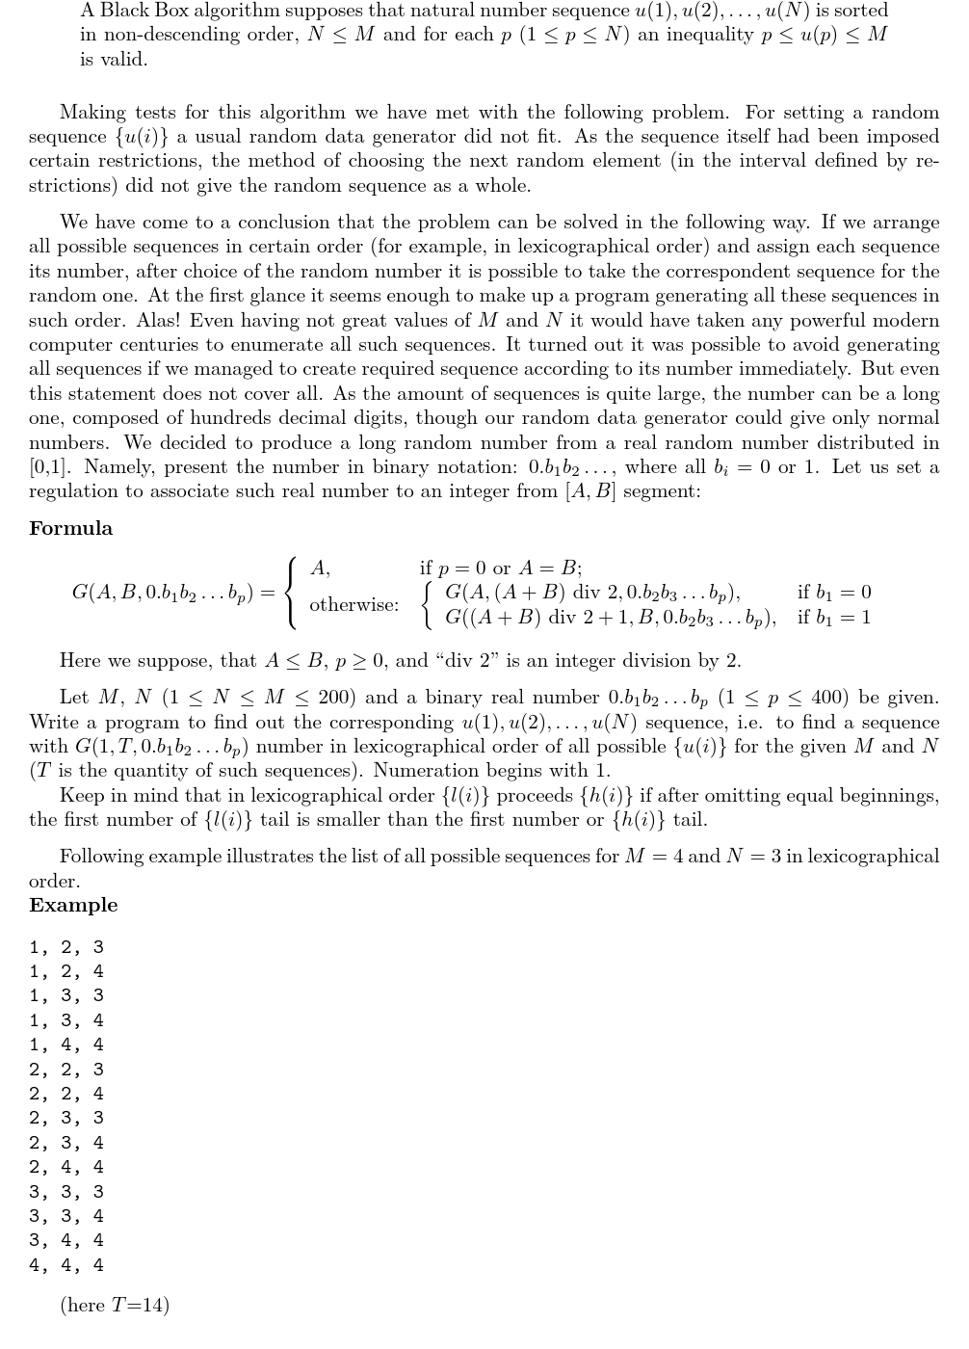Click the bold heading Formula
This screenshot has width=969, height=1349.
[70, 528]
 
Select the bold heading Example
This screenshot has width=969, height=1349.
[73, 905]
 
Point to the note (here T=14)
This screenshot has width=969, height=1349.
[114, 1305]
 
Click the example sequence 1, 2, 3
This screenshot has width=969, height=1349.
[66, 947]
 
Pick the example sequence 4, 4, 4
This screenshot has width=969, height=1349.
[66, 1265]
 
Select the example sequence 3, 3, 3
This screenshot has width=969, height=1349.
[66, 1192]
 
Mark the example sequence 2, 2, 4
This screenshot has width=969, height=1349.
[66, 1094]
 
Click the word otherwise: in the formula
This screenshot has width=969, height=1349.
[354, 605]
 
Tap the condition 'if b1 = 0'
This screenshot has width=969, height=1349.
[833, 592]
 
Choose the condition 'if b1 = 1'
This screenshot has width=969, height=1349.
[833, 617]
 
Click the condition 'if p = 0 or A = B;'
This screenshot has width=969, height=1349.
[500, 568]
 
